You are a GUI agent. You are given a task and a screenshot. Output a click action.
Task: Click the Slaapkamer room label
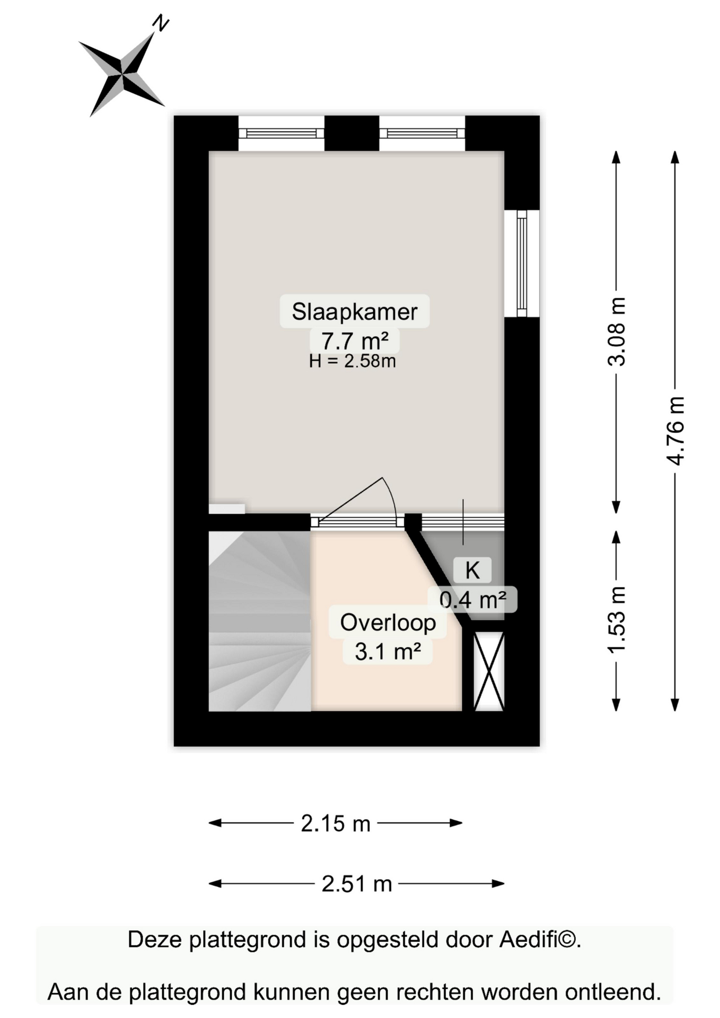[354, 311]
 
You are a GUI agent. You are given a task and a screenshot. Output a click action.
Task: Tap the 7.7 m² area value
[355, 340]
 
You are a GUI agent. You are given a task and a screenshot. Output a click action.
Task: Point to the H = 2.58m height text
[353, 361]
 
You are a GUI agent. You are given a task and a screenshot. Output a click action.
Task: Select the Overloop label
[388, 622]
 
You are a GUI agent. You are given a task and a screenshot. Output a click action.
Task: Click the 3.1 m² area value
[388, 651]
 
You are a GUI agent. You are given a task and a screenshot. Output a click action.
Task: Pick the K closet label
[472, 571]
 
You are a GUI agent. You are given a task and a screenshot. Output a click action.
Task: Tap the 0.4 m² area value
[472, 600]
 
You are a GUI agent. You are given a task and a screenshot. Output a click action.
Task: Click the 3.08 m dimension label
[617, 332]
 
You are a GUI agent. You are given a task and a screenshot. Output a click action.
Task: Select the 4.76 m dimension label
[675, 431]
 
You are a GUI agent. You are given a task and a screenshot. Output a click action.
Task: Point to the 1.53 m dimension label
[617, 620]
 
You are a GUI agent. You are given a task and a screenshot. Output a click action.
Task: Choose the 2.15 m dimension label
[336, 823]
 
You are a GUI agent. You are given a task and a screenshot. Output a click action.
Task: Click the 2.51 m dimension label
[356, 884]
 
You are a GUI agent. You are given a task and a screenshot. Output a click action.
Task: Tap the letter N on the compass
[161, 24]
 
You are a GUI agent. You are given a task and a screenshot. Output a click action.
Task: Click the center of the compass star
[123, 74]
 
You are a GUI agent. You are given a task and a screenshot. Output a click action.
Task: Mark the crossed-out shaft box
[488, 671]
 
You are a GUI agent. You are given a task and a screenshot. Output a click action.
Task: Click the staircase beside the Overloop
[259, 621]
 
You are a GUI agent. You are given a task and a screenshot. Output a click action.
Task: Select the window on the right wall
[522, 264]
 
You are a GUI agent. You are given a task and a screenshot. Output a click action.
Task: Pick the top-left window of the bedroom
[281, 133]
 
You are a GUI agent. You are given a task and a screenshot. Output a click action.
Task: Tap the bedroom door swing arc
[391, 496]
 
